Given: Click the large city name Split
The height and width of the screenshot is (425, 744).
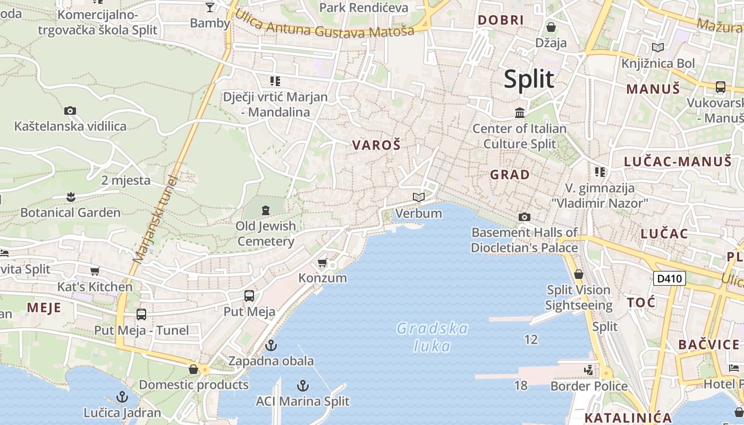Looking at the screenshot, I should [529, 79].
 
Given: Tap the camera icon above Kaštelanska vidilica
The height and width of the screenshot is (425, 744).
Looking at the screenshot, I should [70, 111].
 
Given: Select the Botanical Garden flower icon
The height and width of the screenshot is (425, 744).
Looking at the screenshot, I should [70, 198].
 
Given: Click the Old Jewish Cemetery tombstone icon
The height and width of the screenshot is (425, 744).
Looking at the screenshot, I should [266, 210].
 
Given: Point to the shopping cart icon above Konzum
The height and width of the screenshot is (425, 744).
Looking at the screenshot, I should [322, 263].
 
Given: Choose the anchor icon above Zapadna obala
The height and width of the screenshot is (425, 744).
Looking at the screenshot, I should [271, 346].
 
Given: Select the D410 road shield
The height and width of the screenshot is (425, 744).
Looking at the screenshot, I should [669, 278].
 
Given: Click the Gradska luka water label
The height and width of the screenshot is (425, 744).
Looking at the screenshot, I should [432, 337].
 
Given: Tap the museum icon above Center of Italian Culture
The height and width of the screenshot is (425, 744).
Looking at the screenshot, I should [520, 113].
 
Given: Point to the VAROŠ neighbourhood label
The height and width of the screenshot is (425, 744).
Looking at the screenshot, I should [376, 145].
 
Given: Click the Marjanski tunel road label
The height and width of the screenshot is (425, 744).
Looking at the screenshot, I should [156, 219].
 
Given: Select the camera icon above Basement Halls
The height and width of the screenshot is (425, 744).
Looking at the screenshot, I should [524, 217].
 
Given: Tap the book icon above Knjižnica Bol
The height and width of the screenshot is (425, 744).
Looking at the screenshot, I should [658, 48].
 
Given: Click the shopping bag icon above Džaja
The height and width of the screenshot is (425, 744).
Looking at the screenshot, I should [551, 27].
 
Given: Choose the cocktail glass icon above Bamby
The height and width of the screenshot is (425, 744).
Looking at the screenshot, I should [210, 7].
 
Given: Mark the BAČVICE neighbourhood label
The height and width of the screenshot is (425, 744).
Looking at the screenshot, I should [708, 344].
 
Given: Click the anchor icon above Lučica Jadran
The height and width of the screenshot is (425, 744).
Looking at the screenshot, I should [122, 397].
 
